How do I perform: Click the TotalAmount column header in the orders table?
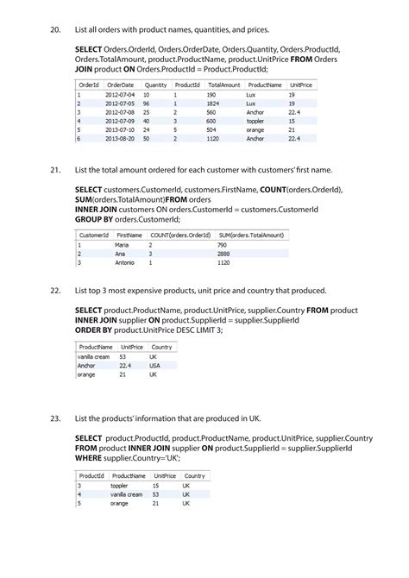pyautogui.click(x=224, y=85)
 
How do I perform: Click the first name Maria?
pyautogui.click(x=123, y=245)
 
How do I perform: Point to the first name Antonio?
pyautogui.click(x=126, y=262)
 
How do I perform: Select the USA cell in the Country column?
pyautogui.click(x=154, y=365)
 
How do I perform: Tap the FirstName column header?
pyautogui.click(x=129, y=235)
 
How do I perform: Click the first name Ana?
pyautogui.click(x=120, y=254)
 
